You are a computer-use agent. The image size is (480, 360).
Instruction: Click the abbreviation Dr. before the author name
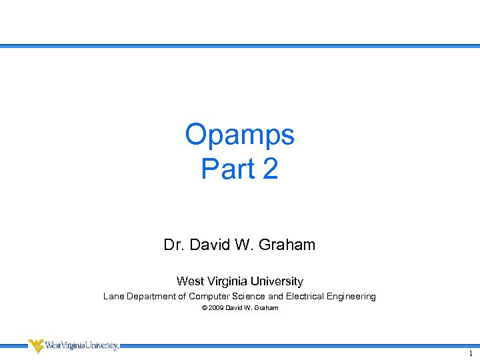coord(174,245)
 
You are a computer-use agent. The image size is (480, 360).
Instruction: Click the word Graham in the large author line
coord(287,245)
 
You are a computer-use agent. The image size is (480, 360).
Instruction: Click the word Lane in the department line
coord(113,296)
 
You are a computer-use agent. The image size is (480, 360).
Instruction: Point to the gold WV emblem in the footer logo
coord(35,345)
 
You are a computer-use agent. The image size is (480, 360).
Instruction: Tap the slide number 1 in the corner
coord(471,354)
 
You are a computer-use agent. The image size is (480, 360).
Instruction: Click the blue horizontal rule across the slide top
coord(240,46)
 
